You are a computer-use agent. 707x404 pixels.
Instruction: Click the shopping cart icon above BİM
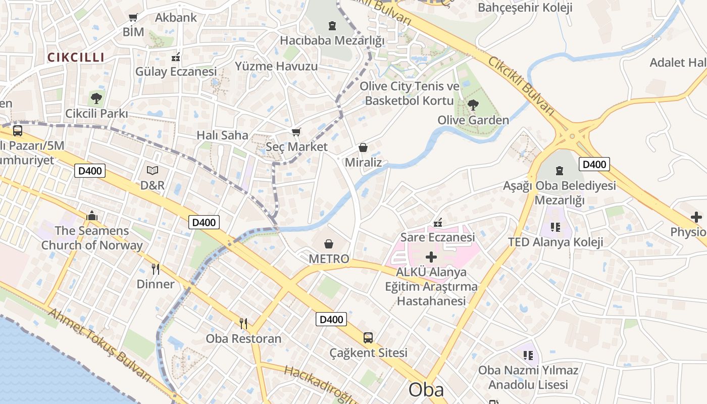pos(133,18)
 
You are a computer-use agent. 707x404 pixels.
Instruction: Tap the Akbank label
pos(176,18)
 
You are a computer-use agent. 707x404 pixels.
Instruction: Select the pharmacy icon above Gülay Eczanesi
pos(176,57)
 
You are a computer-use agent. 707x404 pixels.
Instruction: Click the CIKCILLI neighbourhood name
pos(76,57)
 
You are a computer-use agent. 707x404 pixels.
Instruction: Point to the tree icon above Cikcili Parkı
pos(96,98)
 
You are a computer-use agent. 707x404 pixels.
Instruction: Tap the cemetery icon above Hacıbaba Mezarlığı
pos(332,25)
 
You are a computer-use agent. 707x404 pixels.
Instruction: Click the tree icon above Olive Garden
pos(473,105)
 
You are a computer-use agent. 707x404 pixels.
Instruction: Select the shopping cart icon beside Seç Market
pos(296,132)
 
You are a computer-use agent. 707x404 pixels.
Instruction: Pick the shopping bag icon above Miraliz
pos(363,147)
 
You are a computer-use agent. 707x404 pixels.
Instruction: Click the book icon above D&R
pos(153,171)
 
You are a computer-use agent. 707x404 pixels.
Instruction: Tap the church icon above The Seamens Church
pos(92,216)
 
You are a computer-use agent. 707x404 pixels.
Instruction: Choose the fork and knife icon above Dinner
pos(156,269)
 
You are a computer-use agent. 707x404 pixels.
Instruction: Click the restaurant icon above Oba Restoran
pos(243,323)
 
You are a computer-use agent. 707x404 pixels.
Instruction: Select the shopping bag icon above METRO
pos(329,244)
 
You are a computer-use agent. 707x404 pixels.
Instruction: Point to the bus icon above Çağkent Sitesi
pos(368,337)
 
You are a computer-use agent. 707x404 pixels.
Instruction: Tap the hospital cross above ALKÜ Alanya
pos(431,257)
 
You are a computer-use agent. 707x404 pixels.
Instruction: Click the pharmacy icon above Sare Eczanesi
pos(438,222)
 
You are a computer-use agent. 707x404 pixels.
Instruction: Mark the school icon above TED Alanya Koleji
pos(555,227)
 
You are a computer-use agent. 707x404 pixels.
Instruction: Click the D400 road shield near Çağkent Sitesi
pos(331,319)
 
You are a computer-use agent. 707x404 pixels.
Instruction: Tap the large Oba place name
pos(426,389)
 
